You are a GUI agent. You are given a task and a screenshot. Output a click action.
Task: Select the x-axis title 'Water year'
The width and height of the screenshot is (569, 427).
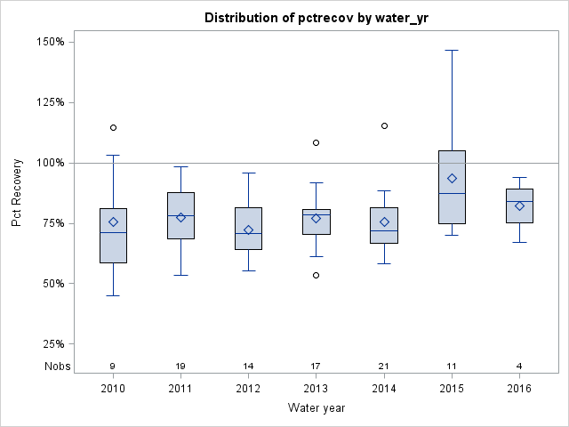click(x=316, y=407)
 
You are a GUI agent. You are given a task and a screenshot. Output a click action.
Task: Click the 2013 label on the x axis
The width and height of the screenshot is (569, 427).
click(x=316, y=389)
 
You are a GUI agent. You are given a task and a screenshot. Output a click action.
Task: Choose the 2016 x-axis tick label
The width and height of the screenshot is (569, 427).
click(x=519, y=389)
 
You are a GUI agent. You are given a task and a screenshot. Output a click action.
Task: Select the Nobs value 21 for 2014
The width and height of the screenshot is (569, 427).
click(x=384, y=366)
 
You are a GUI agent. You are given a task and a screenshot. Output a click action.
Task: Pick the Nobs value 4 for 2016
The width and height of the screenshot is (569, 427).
click(x=519, y=366)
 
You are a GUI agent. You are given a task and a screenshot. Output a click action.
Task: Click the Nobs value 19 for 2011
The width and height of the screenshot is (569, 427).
click(x=180, y=366)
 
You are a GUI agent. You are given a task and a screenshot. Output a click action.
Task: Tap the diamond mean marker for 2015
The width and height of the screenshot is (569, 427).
click(x=452, y=179)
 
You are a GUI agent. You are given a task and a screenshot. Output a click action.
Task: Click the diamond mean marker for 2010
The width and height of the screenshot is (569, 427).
click(x=113, y=222)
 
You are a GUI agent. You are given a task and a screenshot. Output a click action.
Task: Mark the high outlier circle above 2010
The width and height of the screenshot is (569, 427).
click(x=113, y=127)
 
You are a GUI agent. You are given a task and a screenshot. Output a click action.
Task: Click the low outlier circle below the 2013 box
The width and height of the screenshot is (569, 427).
click(x=316, y=275)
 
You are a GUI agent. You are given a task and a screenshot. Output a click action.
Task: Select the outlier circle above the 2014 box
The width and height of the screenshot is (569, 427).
click(x=384, y=125)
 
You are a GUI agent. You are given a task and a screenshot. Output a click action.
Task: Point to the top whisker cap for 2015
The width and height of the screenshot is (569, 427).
click(x=452, y=51)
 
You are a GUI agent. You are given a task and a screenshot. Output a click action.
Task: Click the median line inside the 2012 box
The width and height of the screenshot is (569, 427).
click(x=248, y=233)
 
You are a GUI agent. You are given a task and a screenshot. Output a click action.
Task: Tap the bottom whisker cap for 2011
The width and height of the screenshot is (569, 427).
click(x=180, y=275)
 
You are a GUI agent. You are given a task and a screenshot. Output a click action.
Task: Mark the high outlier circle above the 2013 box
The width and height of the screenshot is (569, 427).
click(x=316, y=142)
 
